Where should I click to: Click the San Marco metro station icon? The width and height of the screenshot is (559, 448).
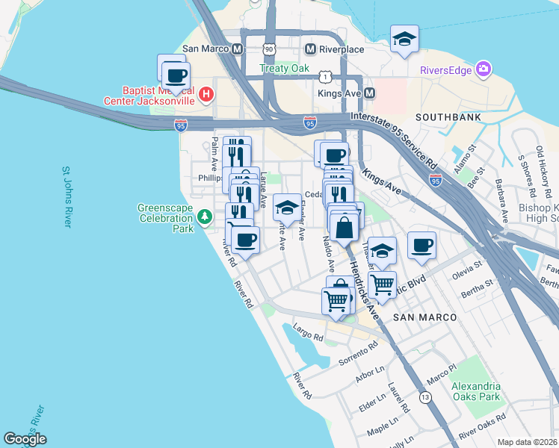pyautogui.click(x=238, y=49)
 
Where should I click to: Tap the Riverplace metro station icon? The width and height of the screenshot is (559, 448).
pyautogui.click(x=310, y=49)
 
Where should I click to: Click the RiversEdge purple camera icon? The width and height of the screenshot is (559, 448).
pyautogui.click(x=484, y=70)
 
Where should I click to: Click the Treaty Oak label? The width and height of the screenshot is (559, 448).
pyautogui.click(x=284, y=68)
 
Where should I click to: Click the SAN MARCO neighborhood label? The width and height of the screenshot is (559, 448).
pyautogui.click(x=424, y=317)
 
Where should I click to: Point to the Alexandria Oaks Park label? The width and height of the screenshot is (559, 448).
pyautogui.click(x=475, y=392)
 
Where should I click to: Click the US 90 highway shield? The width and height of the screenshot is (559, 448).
pyautogui.click(x=270, y=49)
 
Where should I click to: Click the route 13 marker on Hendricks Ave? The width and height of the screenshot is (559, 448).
pyautogui.click(x=425, y=398)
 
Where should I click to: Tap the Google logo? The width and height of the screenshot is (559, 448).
pyautogui.click(x=25, y=439)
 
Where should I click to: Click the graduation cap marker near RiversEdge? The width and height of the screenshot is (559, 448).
pyautogui.click(x=404, y=40)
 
